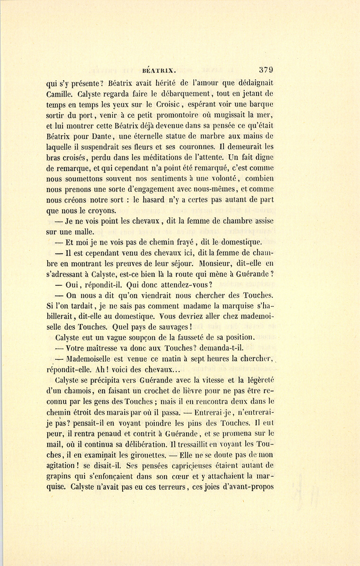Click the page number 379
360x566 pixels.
266,70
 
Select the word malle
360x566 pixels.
83,231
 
